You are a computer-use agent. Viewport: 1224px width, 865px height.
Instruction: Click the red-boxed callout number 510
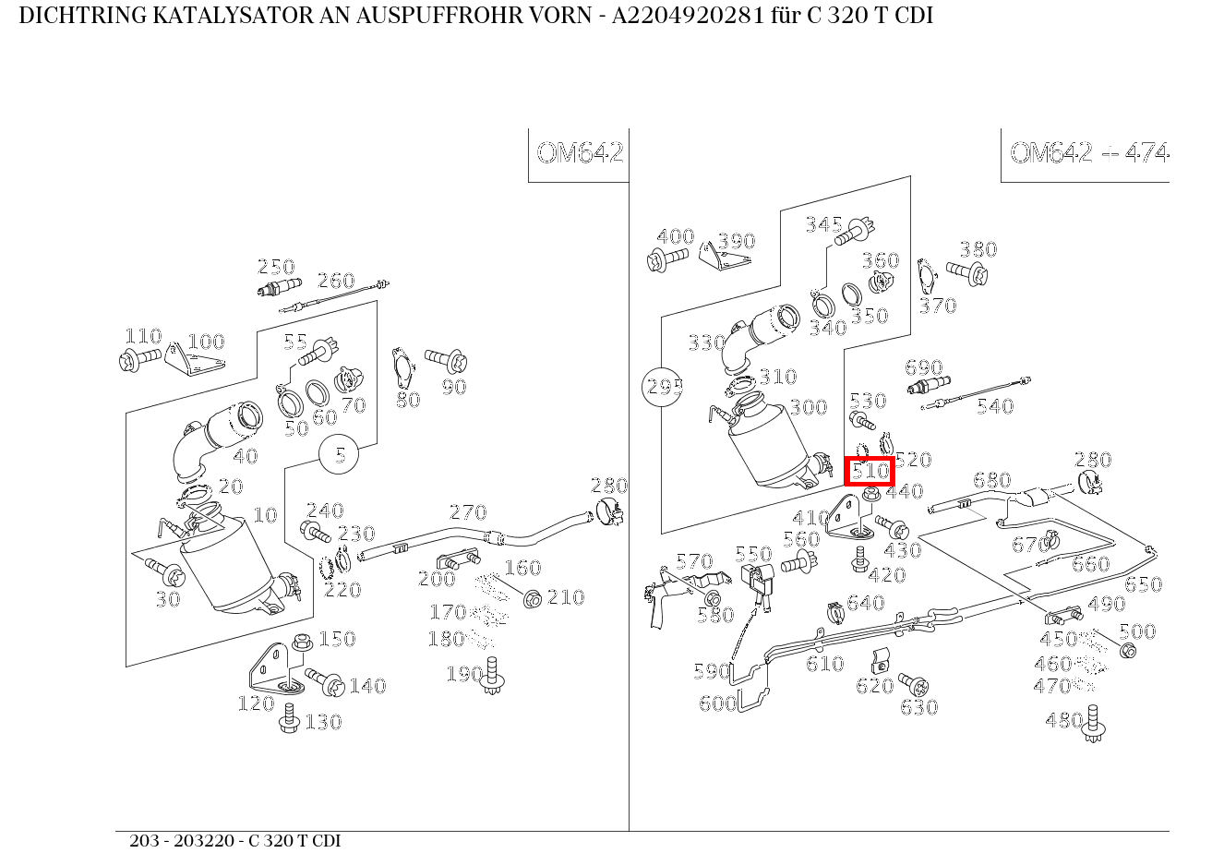click(870, 471)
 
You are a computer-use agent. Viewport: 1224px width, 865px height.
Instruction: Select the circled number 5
click(341, 455)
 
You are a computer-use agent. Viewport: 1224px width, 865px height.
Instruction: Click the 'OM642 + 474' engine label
click(1088, 153)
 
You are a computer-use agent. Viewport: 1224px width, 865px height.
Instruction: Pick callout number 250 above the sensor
click(275, 268)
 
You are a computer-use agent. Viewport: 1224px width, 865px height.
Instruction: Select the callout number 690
click(923, 368)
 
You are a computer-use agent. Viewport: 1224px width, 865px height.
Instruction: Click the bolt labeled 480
click(1095, 724)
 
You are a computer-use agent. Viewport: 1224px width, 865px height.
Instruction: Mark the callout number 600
click(717, 703)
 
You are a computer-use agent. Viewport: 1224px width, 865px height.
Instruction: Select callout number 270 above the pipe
click(467, 512)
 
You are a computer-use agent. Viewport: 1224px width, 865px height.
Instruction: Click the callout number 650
click(1143, 584)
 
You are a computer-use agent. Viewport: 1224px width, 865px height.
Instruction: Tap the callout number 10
click(265, 515)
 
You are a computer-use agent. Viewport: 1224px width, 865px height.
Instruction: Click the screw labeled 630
click(913, 685)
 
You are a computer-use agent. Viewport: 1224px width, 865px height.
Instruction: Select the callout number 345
click(823, 224)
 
